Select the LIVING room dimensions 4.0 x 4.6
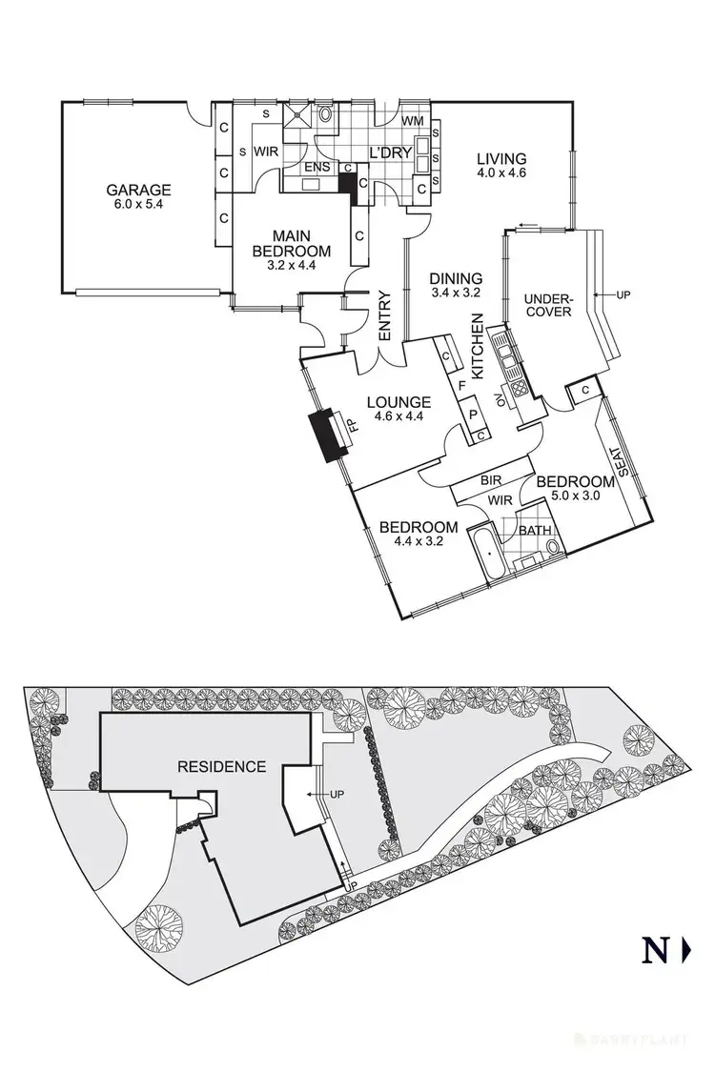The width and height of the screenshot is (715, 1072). [502, 173]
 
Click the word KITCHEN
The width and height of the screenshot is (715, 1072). [479, 346]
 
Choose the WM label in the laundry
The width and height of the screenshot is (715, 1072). [412, 121]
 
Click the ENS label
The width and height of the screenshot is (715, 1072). [317, 168]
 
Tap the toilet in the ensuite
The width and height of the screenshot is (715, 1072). [326, 114]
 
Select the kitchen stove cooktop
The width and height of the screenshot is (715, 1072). [520, 389]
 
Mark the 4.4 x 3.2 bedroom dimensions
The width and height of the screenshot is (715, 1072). [419, 540]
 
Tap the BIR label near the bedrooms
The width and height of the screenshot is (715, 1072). [492, 482]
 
